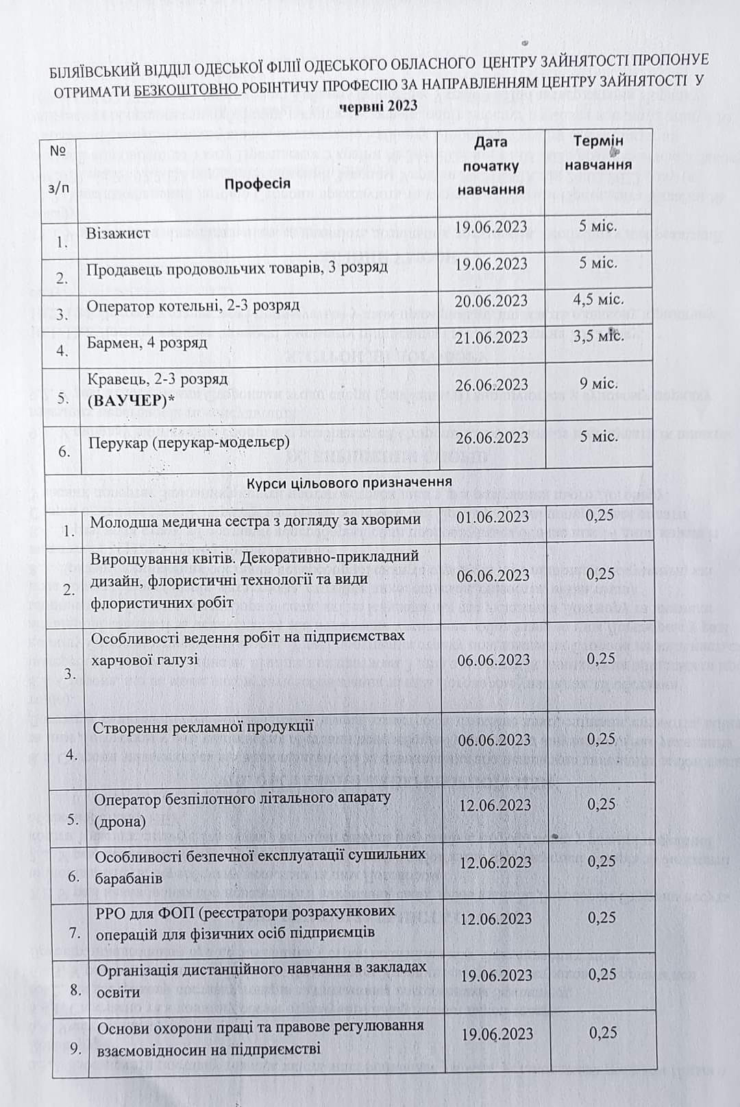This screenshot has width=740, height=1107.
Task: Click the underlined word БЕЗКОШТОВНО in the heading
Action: coord(187,90)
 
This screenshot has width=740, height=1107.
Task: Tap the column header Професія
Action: coord(258,182)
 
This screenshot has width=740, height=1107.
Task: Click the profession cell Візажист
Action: coord(119,233)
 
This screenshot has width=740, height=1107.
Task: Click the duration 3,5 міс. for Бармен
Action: coord(598,336)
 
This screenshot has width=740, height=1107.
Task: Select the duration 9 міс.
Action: coord(598,383)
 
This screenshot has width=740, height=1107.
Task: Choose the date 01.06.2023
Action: coord(493,516)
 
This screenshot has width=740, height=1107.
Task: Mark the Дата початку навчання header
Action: coord(490,165)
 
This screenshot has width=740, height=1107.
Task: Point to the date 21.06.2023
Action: coord(492,337)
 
